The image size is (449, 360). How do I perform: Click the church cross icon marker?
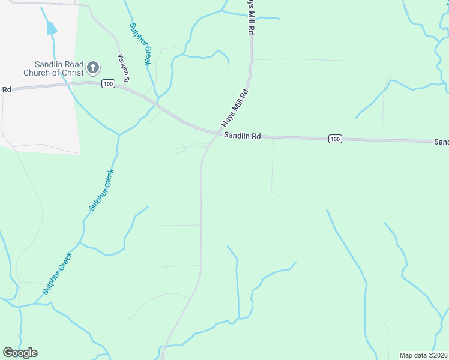pyautogui.click(x=93, y=67)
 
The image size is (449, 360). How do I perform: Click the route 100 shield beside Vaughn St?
pyautogui.click(x=108, y=84)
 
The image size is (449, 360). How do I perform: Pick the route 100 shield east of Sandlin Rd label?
pyautogui.click(x=336, y=139)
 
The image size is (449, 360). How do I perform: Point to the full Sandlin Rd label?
pyautogui.click(x=243, y=136)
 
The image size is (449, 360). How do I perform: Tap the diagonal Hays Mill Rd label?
pyautogui.click(x=235, y=108)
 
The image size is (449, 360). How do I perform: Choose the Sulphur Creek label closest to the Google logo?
pyautogui.click(x=58, y=273)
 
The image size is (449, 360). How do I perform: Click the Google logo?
pyautogui.click(x=20, y=353)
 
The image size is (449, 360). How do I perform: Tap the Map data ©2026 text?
pyautogui.click(x=424, y=355)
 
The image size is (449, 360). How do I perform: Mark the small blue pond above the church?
pyautogui.click(x=52, y=28)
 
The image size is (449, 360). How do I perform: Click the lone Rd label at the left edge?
pyautogui.click(x=7, y=89)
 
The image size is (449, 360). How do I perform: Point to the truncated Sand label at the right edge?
pyautogui.click(x=441, y=142)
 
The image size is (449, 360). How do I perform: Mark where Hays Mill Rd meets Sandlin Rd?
pyautogui.click(x=217, y=134)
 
